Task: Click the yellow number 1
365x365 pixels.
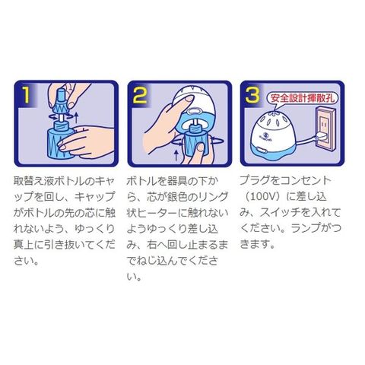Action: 26,94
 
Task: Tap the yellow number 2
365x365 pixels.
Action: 140,94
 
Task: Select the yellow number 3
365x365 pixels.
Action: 252,94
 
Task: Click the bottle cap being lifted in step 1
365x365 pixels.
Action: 62,101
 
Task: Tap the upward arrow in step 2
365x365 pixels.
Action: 176,155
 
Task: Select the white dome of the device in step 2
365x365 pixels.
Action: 195,100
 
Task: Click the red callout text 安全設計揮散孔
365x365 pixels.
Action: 304,98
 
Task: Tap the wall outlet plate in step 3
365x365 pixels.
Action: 325,127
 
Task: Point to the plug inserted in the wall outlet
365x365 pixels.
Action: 322,138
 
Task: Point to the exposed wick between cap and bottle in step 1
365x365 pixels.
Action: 62,117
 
